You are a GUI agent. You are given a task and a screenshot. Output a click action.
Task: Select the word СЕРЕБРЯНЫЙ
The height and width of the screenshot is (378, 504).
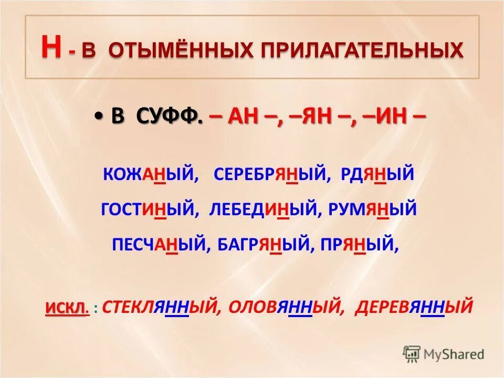tap(270, 174)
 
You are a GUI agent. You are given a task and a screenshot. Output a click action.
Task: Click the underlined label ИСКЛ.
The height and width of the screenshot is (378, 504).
tap(66, 306)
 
